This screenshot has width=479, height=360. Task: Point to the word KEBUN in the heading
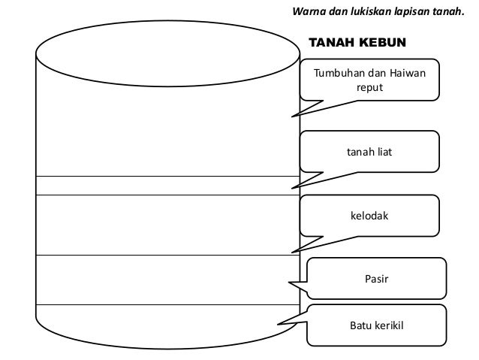[x=381, y=42]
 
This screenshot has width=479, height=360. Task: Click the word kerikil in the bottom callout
[x=387, y=325]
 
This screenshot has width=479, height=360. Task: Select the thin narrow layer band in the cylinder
[x=167, y=185]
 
